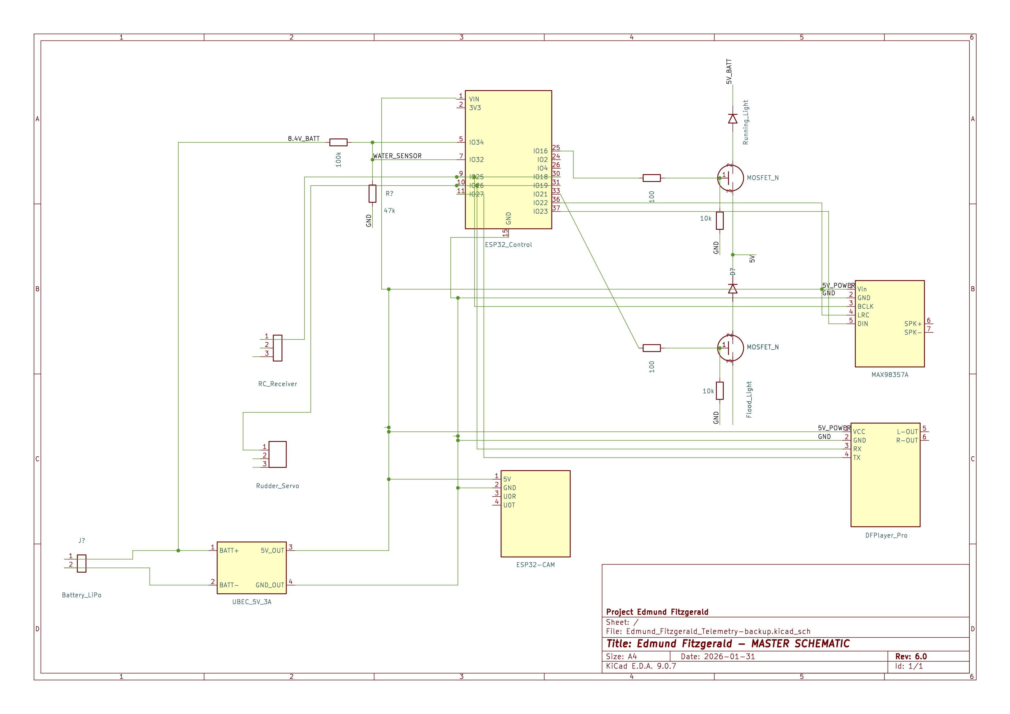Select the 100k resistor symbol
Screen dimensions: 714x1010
coord(338,143)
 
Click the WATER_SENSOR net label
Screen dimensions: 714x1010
coord(397,156)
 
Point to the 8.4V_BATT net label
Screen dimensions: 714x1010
coord(304,138)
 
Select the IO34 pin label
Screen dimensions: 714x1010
coord(476,143)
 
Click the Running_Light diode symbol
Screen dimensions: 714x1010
coord(732,119)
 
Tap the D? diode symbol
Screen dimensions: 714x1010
coord(732,288)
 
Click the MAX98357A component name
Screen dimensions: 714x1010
coord(889,375)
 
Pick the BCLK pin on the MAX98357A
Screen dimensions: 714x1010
coord(865,306)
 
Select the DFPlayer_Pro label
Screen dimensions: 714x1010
coord(886,535)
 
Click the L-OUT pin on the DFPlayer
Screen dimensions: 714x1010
coord(907,432)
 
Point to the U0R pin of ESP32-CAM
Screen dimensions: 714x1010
coord(509,496)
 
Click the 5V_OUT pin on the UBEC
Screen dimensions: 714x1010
coord(272,550)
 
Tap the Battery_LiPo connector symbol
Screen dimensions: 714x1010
coord(82,564)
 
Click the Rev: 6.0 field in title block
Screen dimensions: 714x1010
coord(911,656)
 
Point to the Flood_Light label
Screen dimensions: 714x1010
coord(749,399)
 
